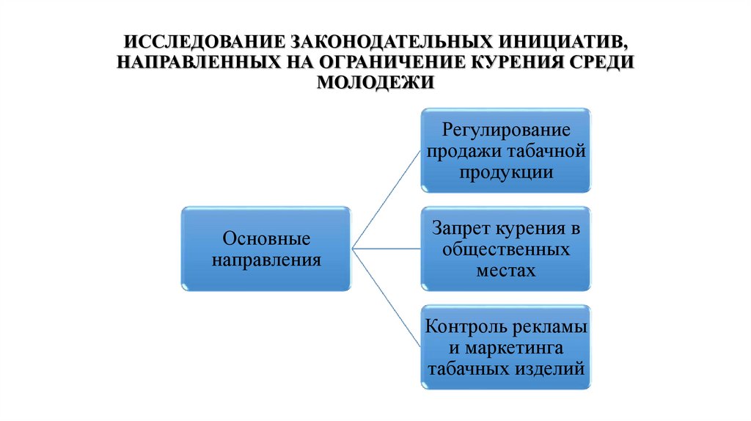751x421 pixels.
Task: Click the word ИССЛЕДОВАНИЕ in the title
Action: point(202,38)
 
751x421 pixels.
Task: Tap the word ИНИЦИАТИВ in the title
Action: point(549,38)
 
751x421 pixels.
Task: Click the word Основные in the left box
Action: point(266,238)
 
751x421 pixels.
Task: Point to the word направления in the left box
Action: point(266,259)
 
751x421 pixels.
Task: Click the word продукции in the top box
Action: point(505,173)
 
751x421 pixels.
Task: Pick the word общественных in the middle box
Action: point(505,249)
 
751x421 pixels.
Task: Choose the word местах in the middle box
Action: point(505,269)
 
